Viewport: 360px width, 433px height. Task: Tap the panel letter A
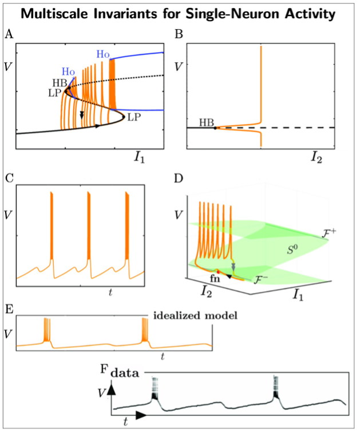9,34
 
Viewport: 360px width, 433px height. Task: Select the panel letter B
179,34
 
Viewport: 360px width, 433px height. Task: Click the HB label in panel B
206,121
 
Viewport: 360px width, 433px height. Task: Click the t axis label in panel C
109,293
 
